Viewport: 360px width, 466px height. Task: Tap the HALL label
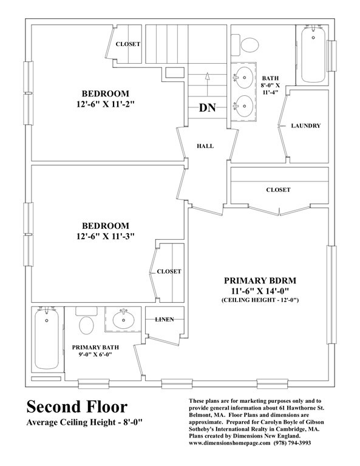pyautogui.click(x=205, y=146)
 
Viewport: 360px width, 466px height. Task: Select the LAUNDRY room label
pyautogui.click(x=305, y=126)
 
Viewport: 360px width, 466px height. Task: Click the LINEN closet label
pyautogui.click(x=165, y=319)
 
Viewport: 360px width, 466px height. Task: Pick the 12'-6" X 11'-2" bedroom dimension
pyautogui.click(x=106, y=105)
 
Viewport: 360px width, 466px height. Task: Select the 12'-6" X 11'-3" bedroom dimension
pyautogui.click(x=106, y=236)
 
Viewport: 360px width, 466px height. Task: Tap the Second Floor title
pyautogui.click(x=76, y=406)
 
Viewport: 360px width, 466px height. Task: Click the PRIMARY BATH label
pyautogui.click(x=95, y=348)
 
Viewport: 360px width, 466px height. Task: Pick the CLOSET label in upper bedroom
pyautogui.click(x=128, y=44)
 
